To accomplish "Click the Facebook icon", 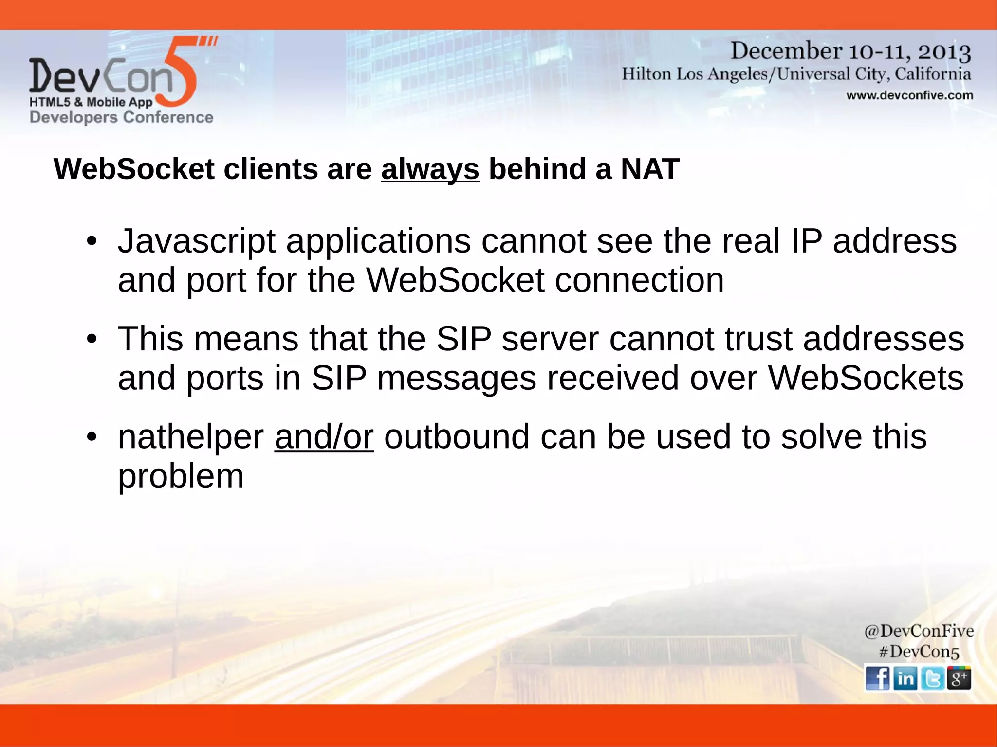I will point(878,678).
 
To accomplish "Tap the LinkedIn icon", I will point(905,678).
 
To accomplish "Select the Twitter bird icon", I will point(932,678).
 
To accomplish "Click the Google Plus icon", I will point(959,678).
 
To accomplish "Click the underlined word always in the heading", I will point(430,169).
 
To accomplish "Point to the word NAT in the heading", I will point(650,169).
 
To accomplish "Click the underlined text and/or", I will point(324,437).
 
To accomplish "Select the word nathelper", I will point(190,437).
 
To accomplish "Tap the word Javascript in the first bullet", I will point(196,241).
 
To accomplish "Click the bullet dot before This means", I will point(92,339).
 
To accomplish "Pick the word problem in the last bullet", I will point(181,476).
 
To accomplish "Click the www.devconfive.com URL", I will point(909,95).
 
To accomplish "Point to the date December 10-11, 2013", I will point(850,51).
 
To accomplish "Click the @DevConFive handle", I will point(919,631).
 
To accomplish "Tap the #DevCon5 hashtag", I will point(919,652).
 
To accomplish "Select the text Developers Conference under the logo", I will point(121,117).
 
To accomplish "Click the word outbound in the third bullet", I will point(457,437).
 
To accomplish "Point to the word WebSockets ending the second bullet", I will point(866,378).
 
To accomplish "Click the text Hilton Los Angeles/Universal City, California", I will point(796,74).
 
